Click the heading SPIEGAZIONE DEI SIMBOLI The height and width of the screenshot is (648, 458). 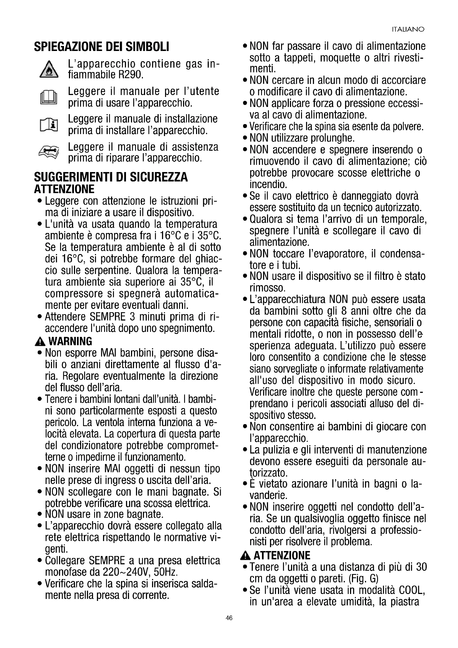coord(102,47)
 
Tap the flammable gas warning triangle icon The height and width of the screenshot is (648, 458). coord(49,70)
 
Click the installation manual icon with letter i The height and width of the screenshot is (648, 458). coord(49,125)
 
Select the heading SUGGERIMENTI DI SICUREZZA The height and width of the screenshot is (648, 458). coord(111,177)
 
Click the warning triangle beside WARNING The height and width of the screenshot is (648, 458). coord(40,342)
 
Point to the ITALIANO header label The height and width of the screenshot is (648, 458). coord(408,30)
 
